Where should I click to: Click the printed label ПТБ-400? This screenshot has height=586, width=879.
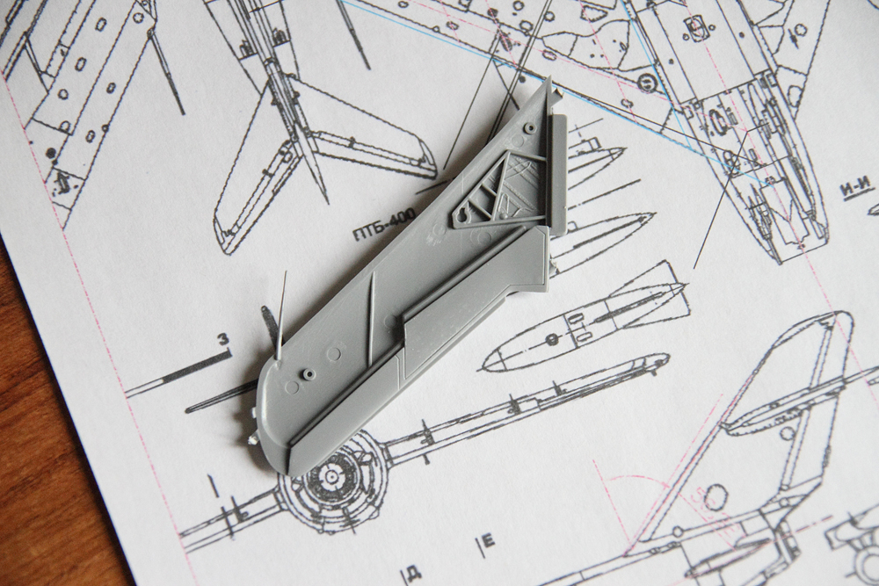(x=384, y=224)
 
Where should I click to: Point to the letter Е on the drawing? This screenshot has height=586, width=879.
(x=488, y=541)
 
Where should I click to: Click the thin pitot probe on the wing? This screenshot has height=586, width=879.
(x=282, y=315)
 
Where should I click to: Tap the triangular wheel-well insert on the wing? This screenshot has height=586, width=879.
(x=497, y=190)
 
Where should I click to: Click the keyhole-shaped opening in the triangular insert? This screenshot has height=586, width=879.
(x=462, y=215)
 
